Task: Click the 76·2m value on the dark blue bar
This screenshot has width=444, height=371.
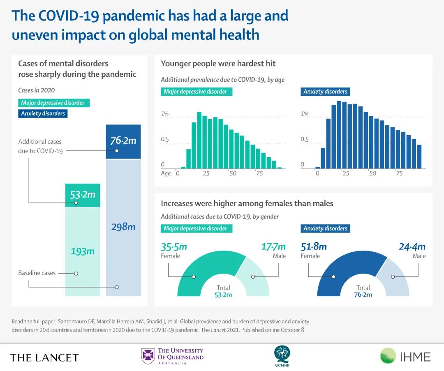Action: click(123, 141)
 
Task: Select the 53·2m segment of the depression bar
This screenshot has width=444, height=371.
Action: click(83, 195)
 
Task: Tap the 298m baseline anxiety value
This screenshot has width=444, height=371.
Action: click(123, 226)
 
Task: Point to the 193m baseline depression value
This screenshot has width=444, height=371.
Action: click(83, 251)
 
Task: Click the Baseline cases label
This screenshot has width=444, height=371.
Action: click(37, 273)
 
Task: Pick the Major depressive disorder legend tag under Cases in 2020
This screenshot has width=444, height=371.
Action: click(53, 103)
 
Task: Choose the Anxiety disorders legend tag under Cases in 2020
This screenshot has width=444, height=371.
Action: click(43, 113)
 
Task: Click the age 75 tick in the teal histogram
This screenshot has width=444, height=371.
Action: click(259, 173)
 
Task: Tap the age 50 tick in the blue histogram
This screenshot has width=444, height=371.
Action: click(372, 173)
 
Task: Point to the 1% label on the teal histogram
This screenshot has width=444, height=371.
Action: click(164, 114)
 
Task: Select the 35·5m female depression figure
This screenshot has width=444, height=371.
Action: click(174, 247)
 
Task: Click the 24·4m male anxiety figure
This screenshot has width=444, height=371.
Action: click(412, 247)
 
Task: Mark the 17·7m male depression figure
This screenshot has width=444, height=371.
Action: click(273, 247)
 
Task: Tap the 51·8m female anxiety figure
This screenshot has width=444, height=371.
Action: click(314, 247)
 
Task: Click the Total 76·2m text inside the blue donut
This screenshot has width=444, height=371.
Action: click(363, 291)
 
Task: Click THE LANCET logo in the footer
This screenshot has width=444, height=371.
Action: click(44, 357)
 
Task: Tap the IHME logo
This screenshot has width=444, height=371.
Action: click(405, 356)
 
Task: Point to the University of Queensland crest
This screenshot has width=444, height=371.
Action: click(148, 356)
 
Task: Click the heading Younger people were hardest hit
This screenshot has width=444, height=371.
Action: click(218, 64)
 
